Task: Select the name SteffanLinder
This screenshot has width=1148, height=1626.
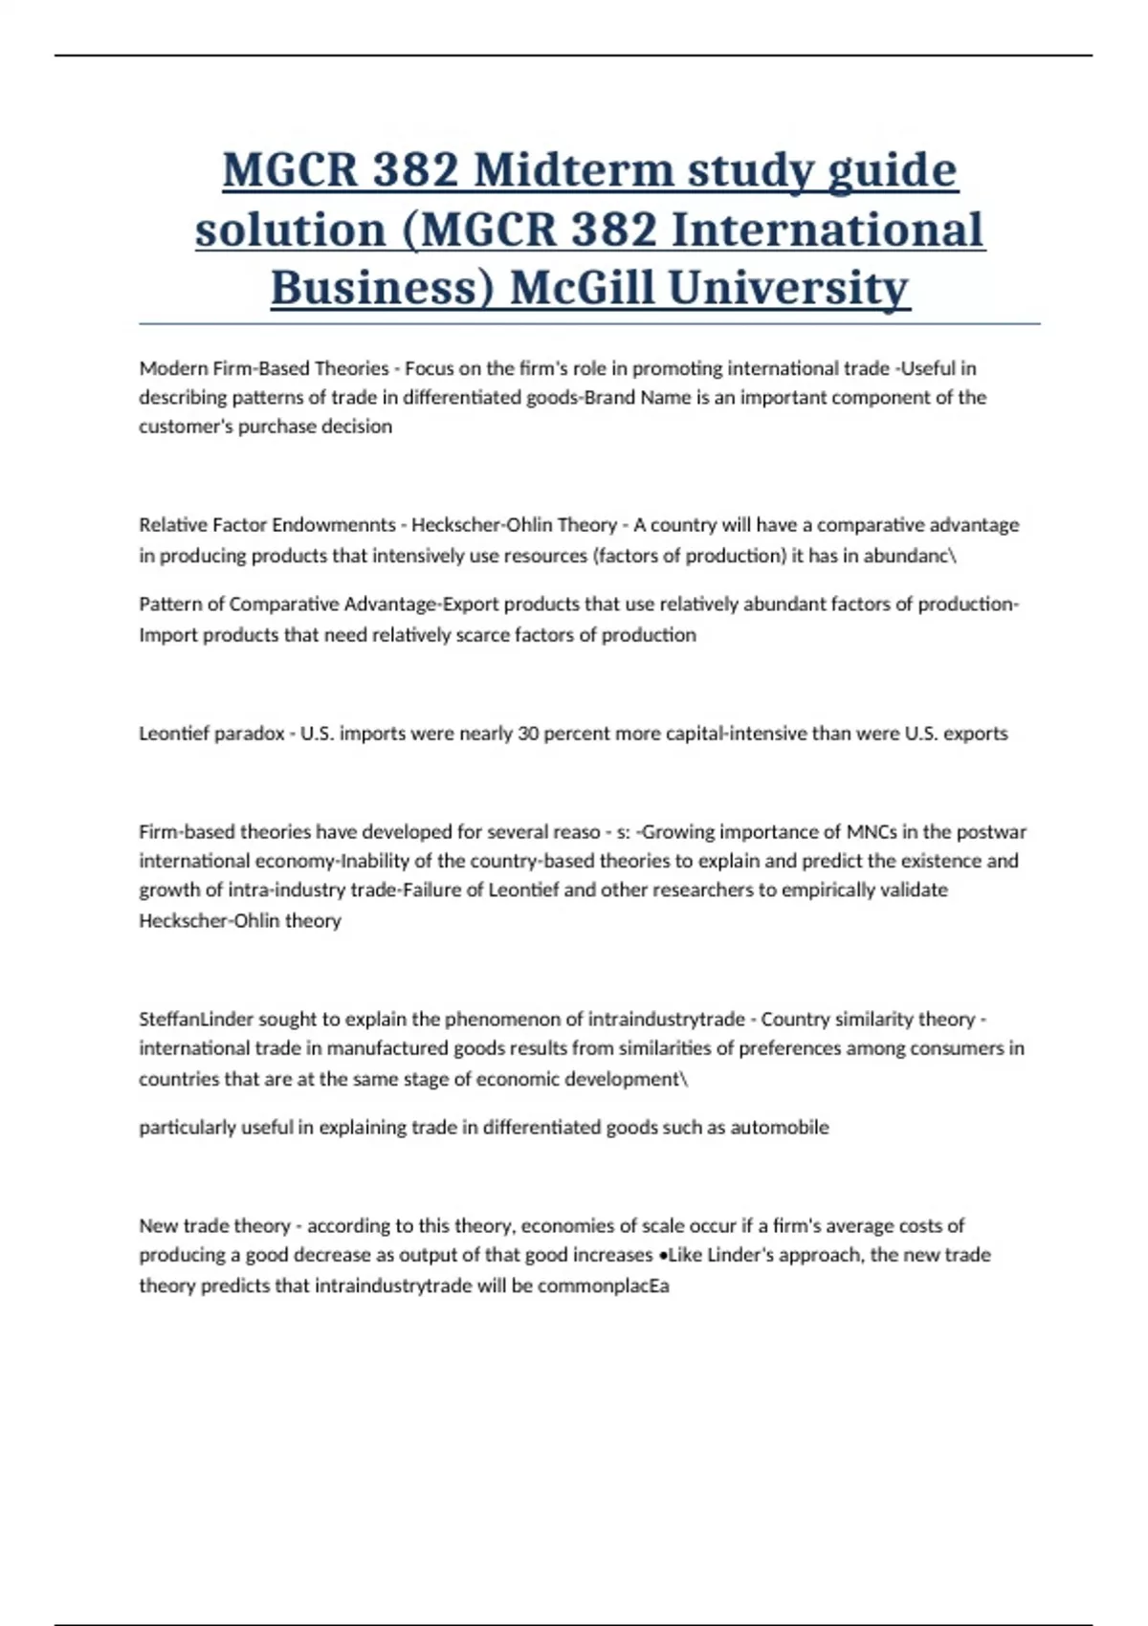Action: coord(196,1019)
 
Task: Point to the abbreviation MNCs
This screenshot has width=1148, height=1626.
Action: coord(872,832)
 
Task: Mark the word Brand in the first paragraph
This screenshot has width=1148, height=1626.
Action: coord(610,398)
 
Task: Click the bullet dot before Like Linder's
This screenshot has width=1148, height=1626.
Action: coord(663,1256)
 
